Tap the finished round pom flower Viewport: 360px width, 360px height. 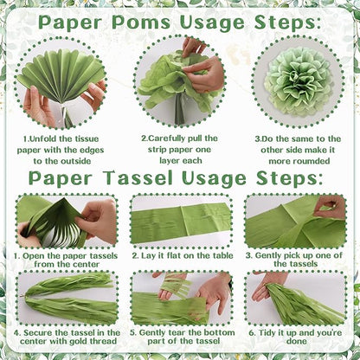299,81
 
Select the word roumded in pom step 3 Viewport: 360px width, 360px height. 312,161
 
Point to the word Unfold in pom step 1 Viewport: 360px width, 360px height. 43,138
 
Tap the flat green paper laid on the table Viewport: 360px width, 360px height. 181,222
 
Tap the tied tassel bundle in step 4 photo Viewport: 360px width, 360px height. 69,299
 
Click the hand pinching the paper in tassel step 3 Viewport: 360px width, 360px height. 330,206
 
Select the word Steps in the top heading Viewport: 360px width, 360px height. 287,22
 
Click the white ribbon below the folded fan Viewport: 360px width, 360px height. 66,111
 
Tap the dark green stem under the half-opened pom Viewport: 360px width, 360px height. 179,110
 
